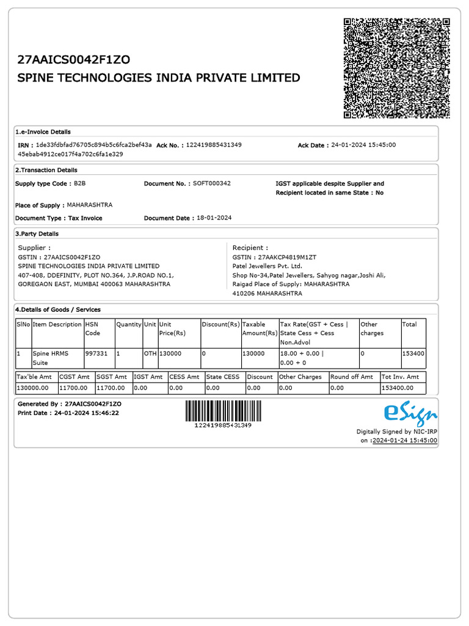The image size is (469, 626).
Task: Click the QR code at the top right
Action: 397,68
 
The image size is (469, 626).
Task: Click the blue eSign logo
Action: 410,414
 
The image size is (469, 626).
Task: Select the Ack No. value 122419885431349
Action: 214,145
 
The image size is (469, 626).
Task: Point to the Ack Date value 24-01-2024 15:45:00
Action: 363,145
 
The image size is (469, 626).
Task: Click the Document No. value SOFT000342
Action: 211,183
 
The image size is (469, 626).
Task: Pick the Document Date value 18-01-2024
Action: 214,218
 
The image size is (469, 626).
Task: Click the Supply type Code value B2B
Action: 80,183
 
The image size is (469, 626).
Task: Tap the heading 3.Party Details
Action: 37,234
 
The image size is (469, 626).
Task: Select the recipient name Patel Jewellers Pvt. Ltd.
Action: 267,267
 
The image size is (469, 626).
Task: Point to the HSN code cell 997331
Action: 96,353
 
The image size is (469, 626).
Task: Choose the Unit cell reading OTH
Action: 150,353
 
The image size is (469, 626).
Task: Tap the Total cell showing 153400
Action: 413,353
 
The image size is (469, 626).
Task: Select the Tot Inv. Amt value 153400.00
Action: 397,388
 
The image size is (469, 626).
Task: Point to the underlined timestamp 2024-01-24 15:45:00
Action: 405,440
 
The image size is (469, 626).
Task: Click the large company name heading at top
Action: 159,78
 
